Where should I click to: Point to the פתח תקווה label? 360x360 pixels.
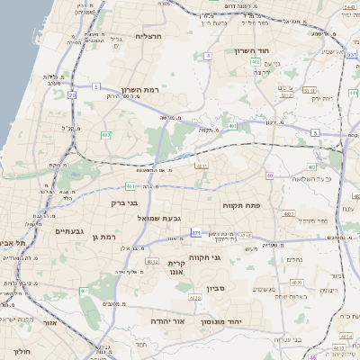click(x=240, y=205)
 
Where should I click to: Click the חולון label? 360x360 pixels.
click(x=23, y=351)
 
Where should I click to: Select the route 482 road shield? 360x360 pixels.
click(x=106, y=135)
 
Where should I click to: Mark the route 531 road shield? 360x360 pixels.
click(x=351, y=54)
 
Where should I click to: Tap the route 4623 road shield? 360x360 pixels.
click(x=289, y=214)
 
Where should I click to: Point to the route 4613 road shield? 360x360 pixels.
click(x=202, y=166)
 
